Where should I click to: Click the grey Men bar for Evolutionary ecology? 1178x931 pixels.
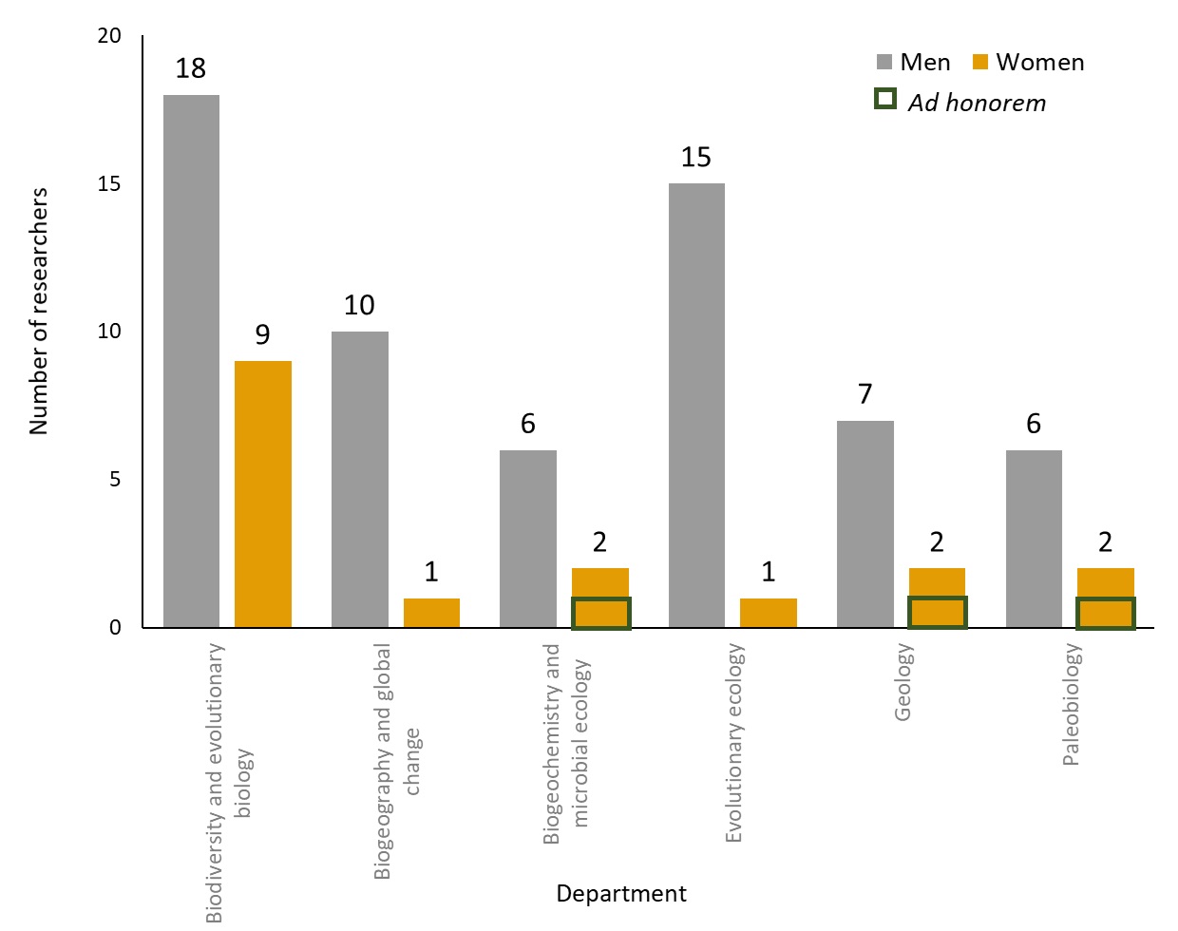(696, 405)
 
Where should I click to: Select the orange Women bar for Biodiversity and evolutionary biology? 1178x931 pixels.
(263, 494)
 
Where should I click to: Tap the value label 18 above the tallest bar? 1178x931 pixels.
(191, 68)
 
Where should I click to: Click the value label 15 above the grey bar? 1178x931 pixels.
(695, 157)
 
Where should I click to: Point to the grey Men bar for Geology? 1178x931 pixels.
(864, 523)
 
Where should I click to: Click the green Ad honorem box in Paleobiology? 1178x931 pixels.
(1105, 613)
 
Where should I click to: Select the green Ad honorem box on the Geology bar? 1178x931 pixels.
(937, 613)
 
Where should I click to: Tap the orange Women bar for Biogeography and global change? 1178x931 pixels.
(431, 613)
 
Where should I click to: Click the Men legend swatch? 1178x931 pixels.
(884, 63)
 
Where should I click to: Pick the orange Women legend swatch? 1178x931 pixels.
(980, 63)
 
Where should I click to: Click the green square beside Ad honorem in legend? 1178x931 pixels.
(884, 100)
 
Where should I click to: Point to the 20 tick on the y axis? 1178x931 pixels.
(110, 36)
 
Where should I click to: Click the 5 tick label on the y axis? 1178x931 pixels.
(115, 480)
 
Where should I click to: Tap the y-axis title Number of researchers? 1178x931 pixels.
(39, 312)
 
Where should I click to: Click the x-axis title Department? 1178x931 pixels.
(620, 894)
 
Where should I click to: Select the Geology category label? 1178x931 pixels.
(903, 682)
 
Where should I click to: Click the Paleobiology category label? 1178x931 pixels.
(1072, 704)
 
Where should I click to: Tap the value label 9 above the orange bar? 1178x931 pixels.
(262, 334)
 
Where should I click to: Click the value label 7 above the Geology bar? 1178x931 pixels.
(864, 394)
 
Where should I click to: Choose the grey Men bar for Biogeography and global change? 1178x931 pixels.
(360, 479)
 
